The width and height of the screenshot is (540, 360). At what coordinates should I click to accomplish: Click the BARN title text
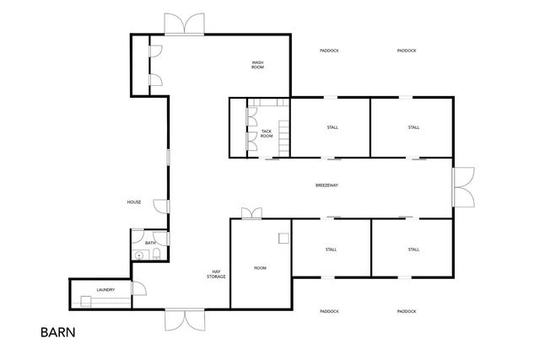pyautogui.click(x=58, y=332)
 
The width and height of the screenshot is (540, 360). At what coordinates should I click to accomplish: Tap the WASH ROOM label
pyautogui.click(x=258, y=64)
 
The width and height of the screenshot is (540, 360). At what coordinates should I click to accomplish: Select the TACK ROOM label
pyautogui.click(x=267, y=133)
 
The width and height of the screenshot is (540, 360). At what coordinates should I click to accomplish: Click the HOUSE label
pyautogui.click(x=133, y=202)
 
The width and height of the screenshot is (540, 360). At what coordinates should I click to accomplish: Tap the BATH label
pyautogui.click(x=150, y=243)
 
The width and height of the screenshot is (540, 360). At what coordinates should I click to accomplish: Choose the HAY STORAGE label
pyautogui.click(x=217, y=274)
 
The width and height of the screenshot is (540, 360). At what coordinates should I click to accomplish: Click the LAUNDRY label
pyautogui.click(x=105, y=290)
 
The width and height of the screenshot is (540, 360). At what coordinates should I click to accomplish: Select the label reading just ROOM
pyautogui.click(x=261, y=268)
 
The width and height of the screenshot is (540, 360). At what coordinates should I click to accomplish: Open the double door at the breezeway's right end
pyautogui.click(x=462, y=185)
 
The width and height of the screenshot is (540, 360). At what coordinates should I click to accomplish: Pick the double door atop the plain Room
pyautogui.click(x=251, y=212)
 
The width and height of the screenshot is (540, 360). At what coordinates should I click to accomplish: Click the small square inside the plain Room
pyautogui.click(x=284, y=238)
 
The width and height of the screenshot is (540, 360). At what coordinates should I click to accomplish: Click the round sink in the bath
pyautogui.click(x=139, y=255)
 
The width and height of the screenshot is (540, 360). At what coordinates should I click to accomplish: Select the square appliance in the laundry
pyautogui.click(x=87, y=301)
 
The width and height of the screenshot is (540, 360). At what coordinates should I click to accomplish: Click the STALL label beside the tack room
pyautogui.click(x=332, y=127)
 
